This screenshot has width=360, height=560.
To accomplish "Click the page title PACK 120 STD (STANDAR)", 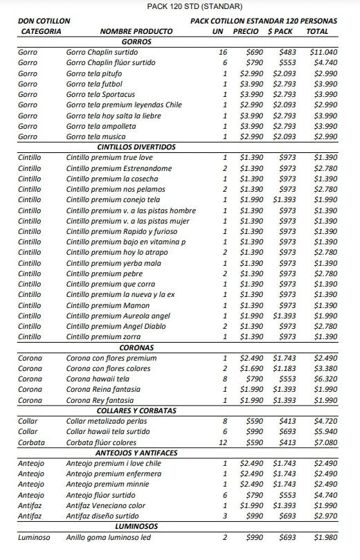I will tap(186, 6).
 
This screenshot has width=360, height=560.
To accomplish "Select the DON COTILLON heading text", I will tap(44, 21).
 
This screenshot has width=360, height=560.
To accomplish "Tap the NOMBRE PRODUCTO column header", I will tap(136, 32).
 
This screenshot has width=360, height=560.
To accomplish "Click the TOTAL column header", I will tap(317, 32).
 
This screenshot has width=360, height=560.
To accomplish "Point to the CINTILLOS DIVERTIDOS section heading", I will tap(136, 147).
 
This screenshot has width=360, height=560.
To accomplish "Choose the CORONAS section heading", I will tap(136, 347).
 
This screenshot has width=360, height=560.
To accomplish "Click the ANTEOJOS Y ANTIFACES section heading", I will tap(136, 453).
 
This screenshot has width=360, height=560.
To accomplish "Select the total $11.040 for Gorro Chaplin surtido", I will tap(323, 52).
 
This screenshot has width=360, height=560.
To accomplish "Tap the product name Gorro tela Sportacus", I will tap(101, 94).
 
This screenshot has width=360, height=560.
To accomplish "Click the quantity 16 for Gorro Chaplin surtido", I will tap(222, 52).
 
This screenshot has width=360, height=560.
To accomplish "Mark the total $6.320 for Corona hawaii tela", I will tap(325, 379).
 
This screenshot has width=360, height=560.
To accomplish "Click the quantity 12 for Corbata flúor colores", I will tap(222, 442).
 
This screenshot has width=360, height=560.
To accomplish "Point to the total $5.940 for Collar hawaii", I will tap(325, 431).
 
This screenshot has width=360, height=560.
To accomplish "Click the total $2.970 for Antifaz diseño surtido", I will tap(325, 516).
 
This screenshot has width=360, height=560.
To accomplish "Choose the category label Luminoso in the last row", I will tap(34, 537).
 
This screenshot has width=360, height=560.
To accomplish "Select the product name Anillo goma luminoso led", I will tap(109, 537).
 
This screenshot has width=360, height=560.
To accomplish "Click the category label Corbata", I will tap(31, 442).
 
